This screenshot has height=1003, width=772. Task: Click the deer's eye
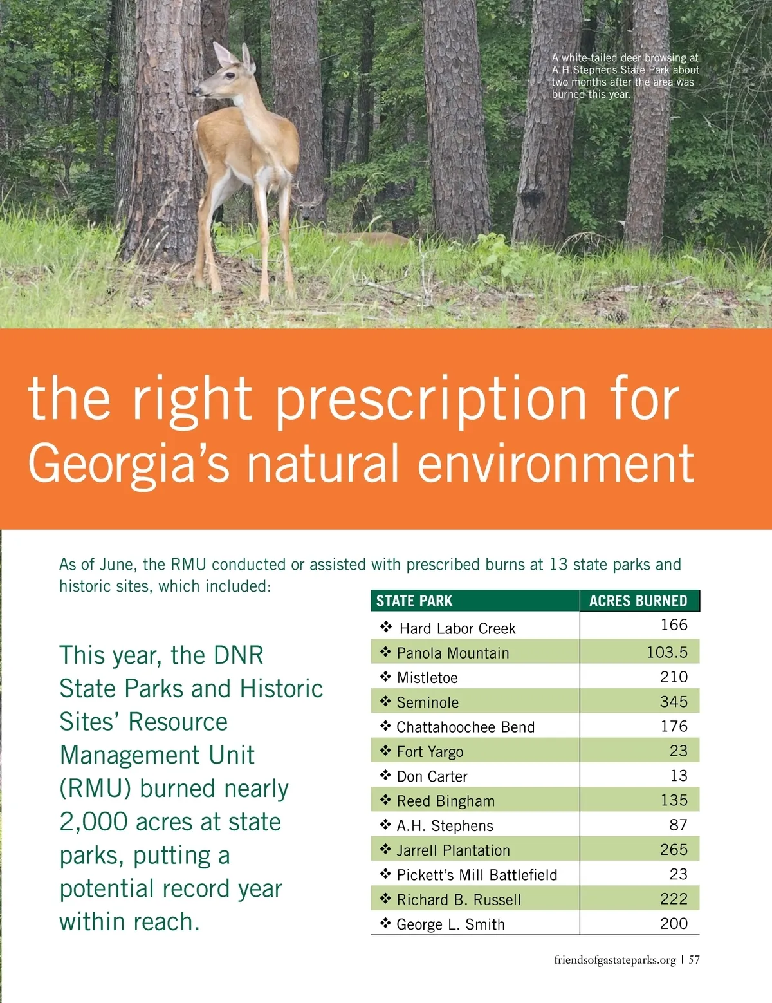228,76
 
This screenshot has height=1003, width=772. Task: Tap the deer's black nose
195,92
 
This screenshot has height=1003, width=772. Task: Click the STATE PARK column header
414,601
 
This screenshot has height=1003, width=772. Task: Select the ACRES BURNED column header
638,601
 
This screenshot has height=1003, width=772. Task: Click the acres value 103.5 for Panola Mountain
667,652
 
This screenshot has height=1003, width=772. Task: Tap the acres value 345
674,702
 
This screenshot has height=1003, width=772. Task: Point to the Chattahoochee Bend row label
466,727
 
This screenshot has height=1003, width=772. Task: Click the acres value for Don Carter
679,776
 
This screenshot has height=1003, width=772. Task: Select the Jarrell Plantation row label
454,850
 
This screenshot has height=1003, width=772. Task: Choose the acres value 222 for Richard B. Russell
674,899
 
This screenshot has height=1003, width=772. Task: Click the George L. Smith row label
450,924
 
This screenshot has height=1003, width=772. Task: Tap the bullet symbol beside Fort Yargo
385,751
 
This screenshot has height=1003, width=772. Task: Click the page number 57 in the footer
694,960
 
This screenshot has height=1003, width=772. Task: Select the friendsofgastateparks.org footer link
615,961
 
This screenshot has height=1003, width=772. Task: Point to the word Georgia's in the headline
129,464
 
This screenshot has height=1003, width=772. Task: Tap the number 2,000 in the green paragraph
94,822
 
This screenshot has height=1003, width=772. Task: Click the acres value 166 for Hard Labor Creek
674,624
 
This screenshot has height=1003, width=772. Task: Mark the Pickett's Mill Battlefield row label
477,875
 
